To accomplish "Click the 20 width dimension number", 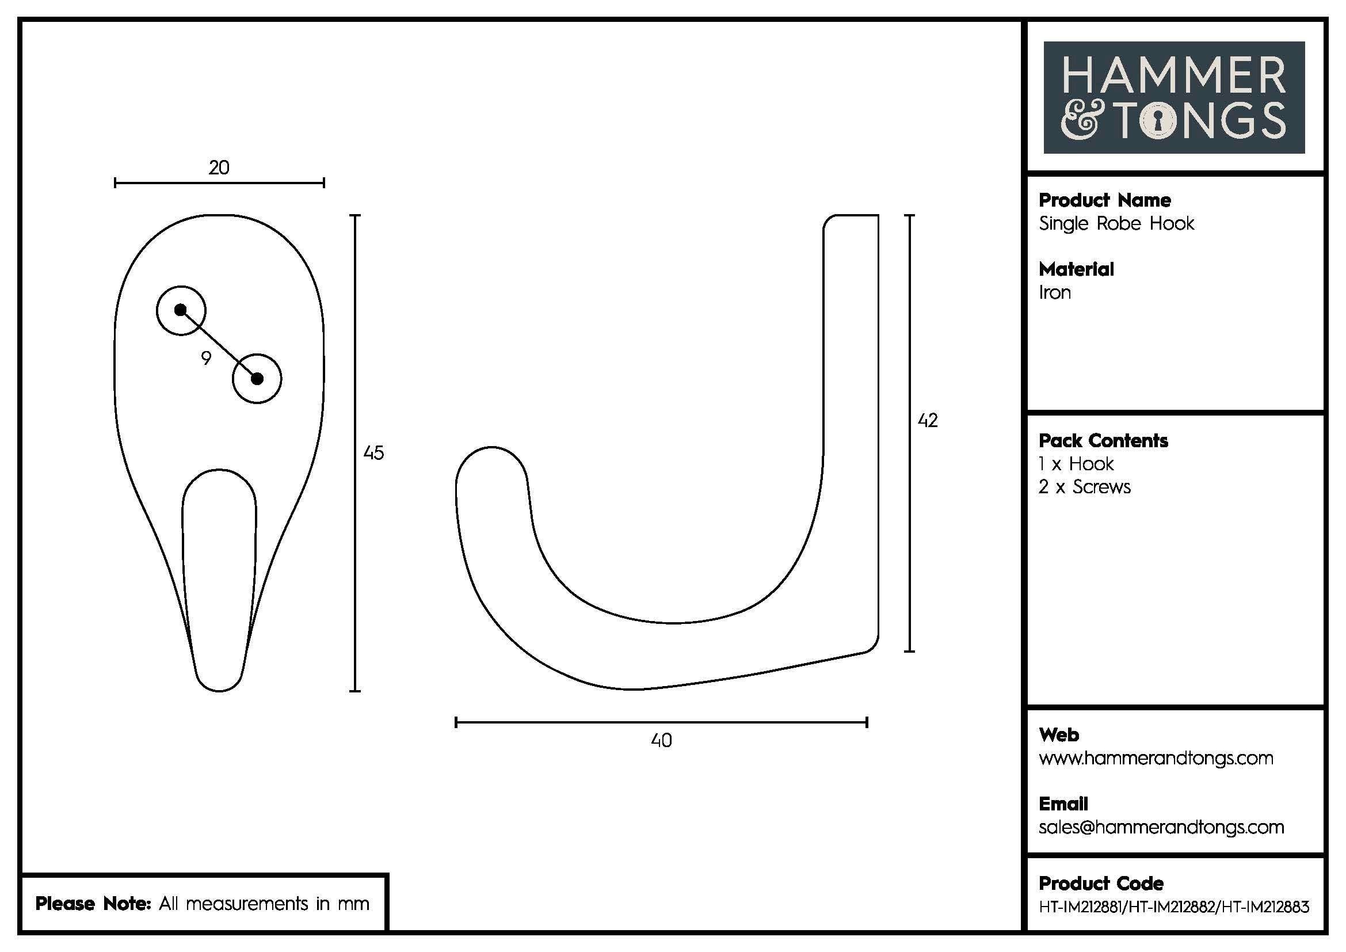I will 219,168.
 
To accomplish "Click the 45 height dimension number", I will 373,452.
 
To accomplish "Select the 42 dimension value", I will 928,420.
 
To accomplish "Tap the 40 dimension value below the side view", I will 661,740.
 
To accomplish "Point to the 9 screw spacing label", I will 206,358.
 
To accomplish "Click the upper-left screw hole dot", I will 181,310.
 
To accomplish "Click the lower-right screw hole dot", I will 257,379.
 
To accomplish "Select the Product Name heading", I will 1104,200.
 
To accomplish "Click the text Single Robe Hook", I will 1116,223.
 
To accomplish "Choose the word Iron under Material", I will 1055,292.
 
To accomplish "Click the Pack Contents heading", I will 1103,441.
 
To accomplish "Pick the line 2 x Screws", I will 1085,487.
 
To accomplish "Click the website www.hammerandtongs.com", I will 1156,758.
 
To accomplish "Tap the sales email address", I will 1161,827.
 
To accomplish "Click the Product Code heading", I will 1101,884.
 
